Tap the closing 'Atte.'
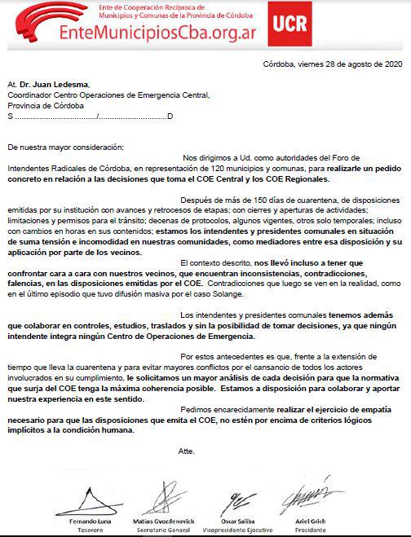[x=187, y=450]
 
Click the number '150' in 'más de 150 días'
[x=263, y=200]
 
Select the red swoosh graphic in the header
[x=33, y=23]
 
